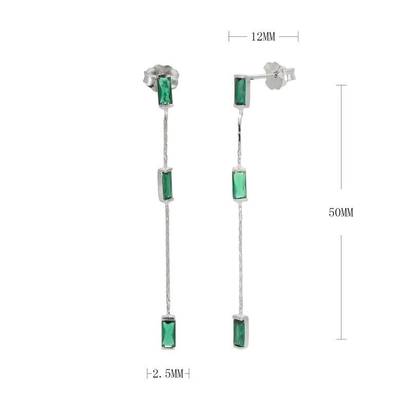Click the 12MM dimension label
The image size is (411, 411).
pyautogui.click(x=263, y=36)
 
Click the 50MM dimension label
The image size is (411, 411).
pyautogui.click(x=341, y=212)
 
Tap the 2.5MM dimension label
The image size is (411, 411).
pyautogui.click(x=168, y=373)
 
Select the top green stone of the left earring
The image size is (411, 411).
pyautogui.click(x=165, y=91)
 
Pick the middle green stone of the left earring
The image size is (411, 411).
pyautogui.click(x=167, y=185)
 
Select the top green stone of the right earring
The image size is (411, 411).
pyautogui.click(x=240, y=91)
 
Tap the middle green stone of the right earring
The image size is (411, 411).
pyautogui.click(x=239, y=185)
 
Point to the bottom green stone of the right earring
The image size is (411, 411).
pyautogui.click(x=239, y=333)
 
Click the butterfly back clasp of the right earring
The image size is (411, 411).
pyautogui.click(x=278, y=75)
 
